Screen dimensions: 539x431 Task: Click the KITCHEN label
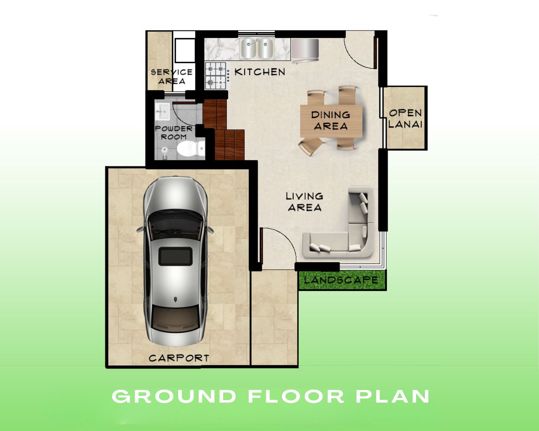tap(260, 72)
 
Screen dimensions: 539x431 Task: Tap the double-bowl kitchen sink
tap(257, 48)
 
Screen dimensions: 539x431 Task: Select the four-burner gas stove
tap(216, 76)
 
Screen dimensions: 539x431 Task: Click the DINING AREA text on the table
tap(331, 120)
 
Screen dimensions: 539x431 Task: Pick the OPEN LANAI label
tap(405, 119)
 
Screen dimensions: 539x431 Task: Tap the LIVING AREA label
tap(304, 202)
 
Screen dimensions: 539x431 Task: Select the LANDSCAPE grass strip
tap(342, 280)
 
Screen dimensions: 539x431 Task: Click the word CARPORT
tap(179, 358)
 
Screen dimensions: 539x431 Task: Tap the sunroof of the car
tap(175, 256)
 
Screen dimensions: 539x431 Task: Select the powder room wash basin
tap(162, 111)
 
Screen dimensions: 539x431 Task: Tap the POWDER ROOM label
tap(174, 133)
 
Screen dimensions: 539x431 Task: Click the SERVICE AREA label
tap(171, 77)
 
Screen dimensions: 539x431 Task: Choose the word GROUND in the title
tap(174, 397)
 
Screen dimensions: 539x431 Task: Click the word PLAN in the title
tap(393, 397)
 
